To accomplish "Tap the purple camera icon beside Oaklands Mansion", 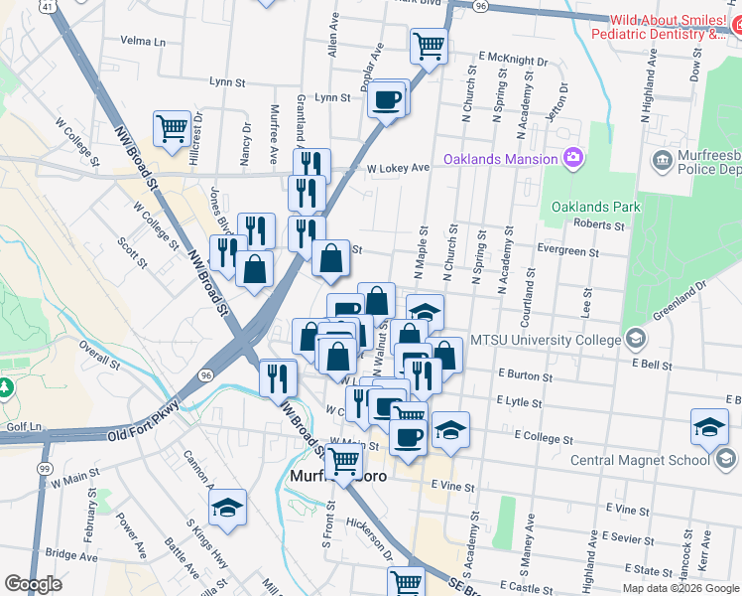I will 572,158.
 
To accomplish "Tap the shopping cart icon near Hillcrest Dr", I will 172,128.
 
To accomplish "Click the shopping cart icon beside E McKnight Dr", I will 429,45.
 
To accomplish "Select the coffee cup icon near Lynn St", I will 386,99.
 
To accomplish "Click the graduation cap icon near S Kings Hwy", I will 227,508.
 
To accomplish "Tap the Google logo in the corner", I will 33,584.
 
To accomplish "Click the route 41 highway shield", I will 48,6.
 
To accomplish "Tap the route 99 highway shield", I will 45,467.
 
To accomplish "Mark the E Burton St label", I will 527,374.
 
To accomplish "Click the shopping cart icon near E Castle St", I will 406,582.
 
